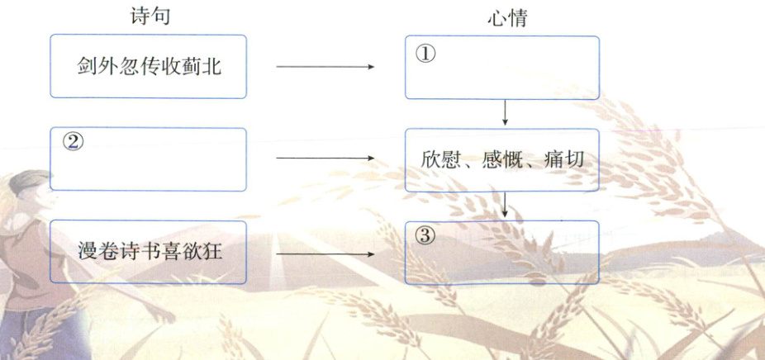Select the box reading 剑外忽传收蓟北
point(148,66)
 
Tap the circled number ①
point(423,54)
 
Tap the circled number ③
point(423,235)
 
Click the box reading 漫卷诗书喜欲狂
point(148,250)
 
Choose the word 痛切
point(565,159)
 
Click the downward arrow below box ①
point(505,113)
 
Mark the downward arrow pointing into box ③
point(505,206)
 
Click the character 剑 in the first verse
point(83,66)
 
